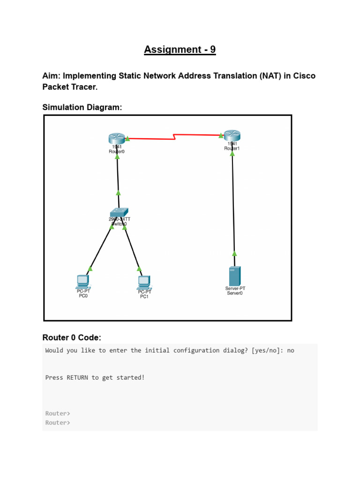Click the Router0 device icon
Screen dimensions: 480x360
(x=115, y=138)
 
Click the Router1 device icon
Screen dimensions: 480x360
(x=231, y=136)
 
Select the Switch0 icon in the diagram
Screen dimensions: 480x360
(x=119, y=212)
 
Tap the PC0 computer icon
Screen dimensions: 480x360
(x=83, y=281)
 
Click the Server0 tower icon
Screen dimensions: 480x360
(x=234, y=276)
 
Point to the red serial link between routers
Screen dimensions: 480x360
(x=174, y=137)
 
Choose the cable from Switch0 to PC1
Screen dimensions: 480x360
(x=132, y=248)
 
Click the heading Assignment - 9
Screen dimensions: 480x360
(x=180, y=50)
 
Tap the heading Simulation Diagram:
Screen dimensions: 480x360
(x=82, y=107)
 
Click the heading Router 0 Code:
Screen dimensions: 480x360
(x=72, y=337)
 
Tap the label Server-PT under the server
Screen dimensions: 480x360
(x=235, y=289)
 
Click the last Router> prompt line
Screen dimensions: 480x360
(x=58, y=422)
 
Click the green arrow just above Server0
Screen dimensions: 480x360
(x=234, y=254)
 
